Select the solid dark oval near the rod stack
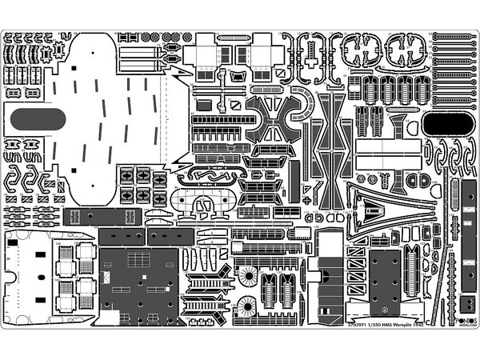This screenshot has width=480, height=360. click(441, 122)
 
